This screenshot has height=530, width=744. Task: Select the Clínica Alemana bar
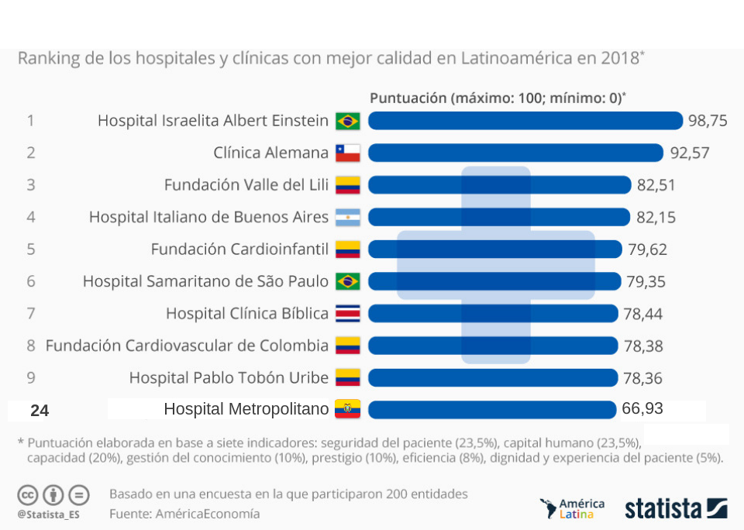pos(515,153)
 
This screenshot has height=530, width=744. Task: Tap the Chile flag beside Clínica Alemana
pos(347,153)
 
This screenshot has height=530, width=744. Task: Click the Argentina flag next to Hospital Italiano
pos(347,217)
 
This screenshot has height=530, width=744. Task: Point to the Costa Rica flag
pos(347,313)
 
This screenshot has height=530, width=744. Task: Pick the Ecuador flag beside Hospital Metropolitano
pos(347,409)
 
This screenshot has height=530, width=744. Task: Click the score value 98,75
pos(708,120)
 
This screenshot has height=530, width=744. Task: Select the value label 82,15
pos(655,217)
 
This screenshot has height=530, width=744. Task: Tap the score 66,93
pos(642,408)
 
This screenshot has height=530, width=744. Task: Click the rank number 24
pos(40,411)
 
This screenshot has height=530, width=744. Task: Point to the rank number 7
pos(31,313)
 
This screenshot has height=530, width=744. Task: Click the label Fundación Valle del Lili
pos(246,185)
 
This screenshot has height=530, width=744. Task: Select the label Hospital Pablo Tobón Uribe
pos(229,377)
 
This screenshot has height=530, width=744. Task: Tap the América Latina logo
pos(572,508)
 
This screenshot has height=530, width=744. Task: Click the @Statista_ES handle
pos(48,513)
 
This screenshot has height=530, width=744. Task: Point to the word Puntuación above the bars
pos(408,98)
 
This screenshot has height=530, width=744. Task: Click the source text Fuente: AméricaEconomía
pos(184,513)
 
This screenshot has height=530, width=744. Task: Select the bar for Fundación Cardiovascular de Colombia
pos(493,346)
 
